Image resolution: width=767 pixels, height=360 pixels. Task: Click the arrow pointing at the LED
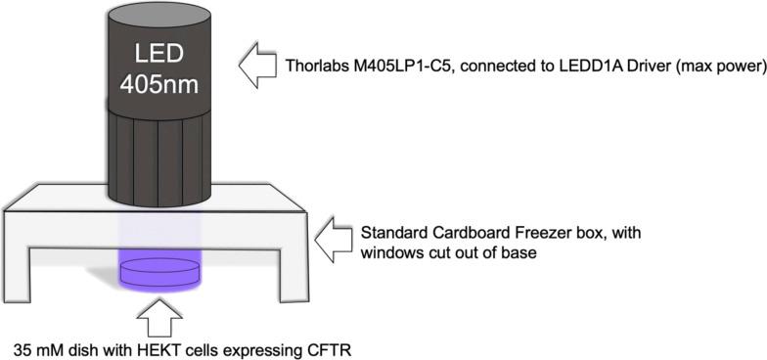(258, 68)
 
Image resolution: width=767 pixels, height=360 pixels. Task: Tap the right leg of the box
(293, 269)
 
